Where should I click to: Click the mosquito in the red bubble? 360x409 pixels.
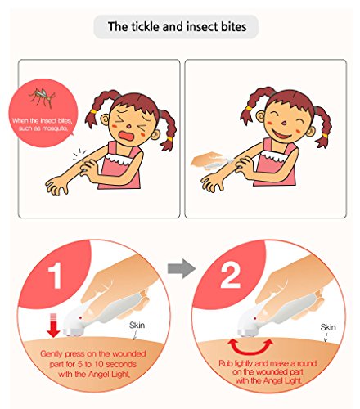pyautogui.click(x=43, y=97)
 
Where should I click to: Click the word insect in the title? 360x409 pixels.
pyautogui.click(x=202, y=27)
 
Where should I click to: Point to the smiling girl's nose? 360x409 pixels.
pyautogui.click(x=284, y=123)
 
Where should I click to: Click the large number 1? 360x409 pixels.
pyautogui.click(x=55, y=276)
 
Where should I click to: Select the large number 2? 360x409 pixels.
pyautogui.click(x=230, y=276)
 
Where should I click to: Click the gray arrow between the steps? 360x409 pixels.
pyautogui.click(x=182, y=268)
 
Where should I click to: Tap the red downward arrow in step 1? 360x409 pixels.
pyautogui.click(x=53, y=325)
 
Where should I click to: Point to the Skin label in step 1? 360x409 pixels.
pyautogui.click(x=137, y=325)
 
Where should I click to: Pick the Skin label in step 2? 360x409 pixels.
pyautogui.click(x=328, y=327)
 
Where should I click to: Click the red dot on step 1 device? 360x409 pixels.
pyautogui.click(x=80, y=318)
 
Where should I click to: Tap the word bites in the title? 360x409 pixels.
pyautogui.click(x=233, y=27)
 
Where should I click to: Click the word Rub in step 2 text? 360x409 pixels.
pyautogui.click(x=226, y=363)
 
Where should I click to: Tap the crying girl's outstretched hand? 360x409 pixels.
pyautogui.click(x=56, y=186)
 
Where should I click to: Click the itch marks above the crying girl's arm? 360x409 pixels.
pyautogui.click(x=79, y=154)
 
